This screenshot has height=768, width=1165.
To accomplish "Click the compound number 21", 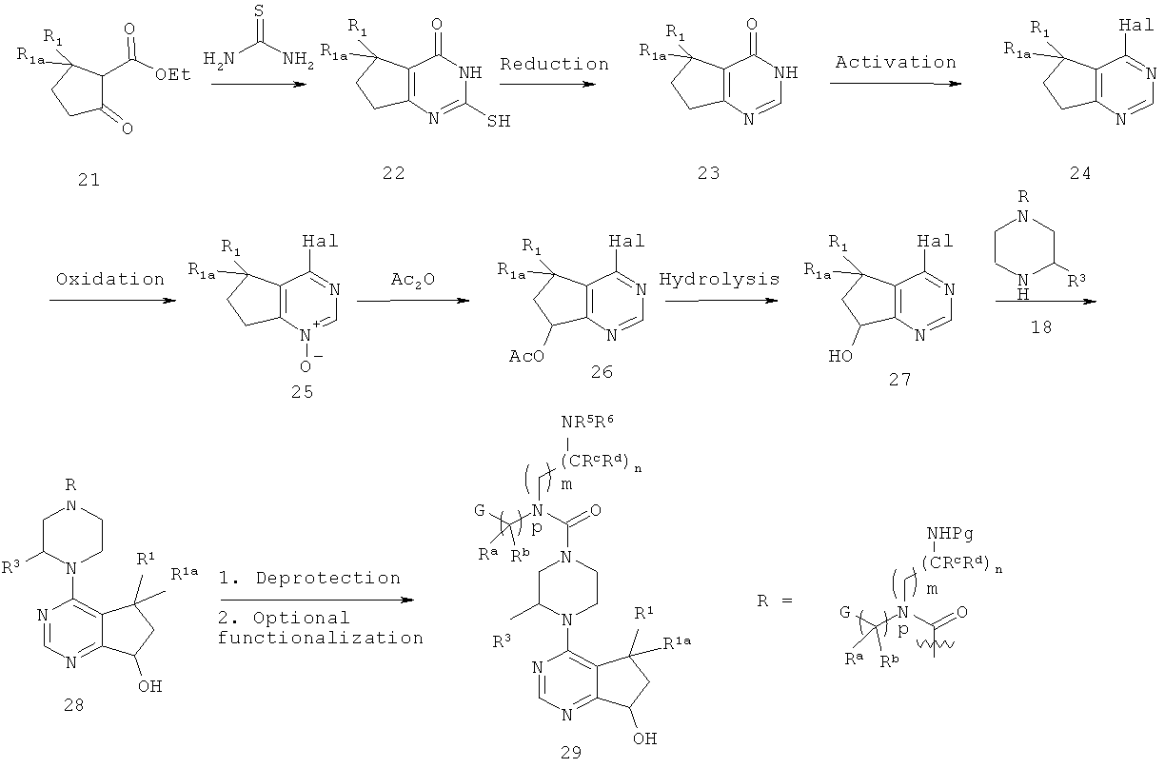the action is pyautogui.click(x=89, y=180).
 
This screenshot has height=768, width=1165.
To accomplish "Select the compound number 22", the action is pyautogui.click(x=394, y=172).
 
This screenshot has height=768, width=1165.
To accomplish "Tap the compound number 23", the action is pyautogui.click(x=709, y=172).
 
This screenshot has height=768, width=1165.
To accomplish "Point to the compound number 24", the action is pyautogui.click(x=1080, y=172).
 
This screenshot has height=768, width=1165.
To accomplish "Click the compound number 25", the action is pyautogui.click(x=302, y=391).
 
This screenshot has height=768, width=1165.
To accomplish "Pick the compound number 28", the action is pyautogui.click(x=74, y=705).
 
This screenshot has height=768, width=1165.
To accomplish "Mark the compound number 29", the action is pyautogui.click(x=571, y=753).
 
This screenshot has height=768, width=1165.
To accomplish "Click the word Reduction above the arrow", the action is pyautogui.click(x=554, y=64).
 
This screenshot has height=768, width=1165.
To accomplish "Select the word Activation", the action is pyautogui.click(x=896, y=62).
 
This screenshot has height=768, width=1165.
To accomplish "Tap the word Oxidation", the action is pyautogui.click(x=110, y=279).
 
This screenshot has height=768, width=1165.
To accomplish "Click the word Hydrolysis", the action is pyautogui.click(x=720, y=279).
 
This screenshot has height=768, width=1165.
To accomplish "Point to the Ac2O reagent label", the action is pyautogui.click(x=413, y=280).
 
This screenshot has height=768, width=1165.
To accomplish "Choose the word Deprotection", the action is pyautogui.click(x=328, y=579).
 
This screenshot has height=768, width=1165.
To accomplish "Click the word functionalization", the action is pyautogui.click(x=321, y=638).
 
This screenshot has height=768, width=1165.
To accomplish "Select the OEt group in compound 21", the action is pyautogui.click(x=173, y=74).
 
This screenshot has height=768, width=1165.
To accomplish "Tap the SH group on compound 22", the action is pyautogui.click(x=499, y=121).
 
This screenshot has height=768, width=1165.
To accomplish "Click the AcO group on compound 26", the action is pyautogui.click(x=526, y=356).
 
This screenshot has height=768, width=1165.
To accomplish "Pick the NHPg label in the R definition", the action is pyautogui.click(x=950, y=534).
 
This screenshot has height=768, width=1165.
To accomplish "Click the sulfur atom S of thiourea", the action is pyautogui.click(x=259, y=10).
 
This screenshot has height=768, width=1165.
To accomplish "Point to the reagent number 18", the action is pyautogui.click(x=1041, y=327).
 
